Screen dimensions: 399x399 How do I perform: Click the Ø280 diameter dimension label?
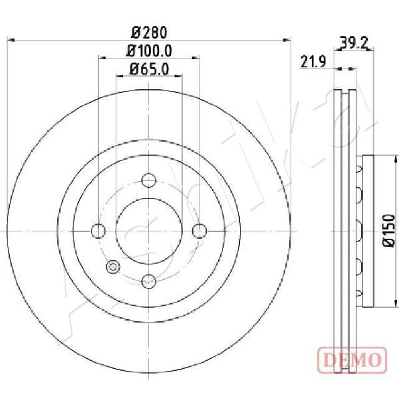pyautogui.click(x=149, y=33)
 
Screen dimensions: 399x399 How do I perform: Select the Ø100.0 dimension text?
pyautogui.click(x=149, y=51)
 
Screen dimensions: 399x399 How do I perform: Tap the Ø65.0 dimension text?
pyautogui.click(x=149, y=69)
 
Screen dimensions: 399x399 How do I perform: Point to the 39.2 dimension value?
pyautogui.click(x=354, y=43)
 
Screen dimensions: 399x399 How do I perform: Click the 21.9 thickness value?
pyautogui.click(x=313, y=62)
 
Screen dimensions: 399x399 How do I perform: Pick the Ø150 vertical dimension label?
pyautogui.click(x=389, y=230)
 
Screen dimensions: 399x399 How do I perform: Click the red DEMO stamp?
pyautogui.click(x=352, y=360)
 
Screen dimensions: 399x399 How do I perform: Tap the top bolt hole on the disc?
pyautogui.click(x=149, y=180)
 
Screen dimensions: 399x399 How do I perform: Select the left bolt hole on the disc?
pyautogui.click(x=98, y=231)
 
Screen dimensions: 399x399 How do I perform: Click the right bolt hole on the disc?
pyautogui.click(x=199, y=231)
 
